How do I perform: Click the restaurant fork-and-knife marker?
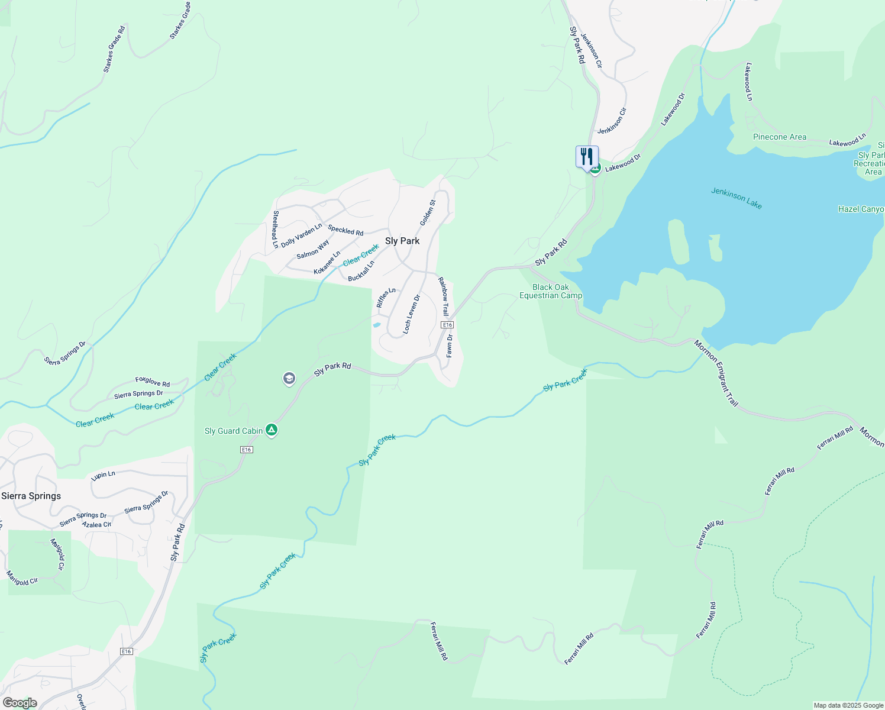pos(587,157)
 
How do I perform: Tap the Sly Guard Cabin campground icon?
pos(272,430)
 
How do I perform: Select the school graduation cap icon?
pos(289,379)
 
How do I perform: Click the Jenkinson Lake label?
pos(737,198)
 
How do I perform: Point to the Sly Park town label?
pos(402,241)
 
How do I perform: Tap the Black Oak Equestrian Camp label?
pos(551,291)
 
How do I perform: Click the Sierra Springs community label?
pos(31,496)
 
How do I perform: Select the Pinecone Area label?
pos(779,137)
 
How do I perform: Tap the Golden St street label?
pos(428,212)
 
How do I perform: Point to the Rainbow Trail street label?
pos(443,296)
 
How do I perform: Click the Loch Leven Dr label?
pos(411,314)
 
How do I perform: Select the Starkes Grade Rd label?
pos(114,49)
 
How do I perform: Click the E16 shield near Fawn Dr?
pos(447,325)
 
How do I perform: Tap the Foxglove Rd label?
pos(153,382)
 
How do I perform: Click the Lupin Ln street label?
pos(104,475)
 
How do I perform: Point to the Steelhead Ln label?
pos(275,229)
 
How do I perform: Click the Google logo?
pos(20,703)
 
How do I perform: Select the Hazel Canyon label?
pos(861,209)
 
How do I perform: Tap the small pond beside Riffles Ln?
pos(376,325)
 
